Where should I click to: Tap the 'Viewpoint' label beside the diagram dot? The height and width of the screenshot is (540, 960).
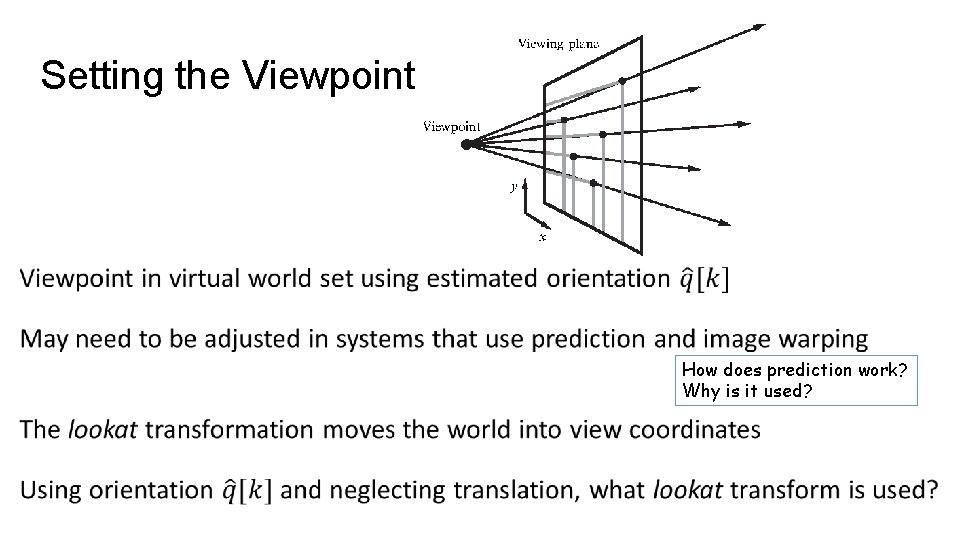pyautogui.click(x=452, y=126)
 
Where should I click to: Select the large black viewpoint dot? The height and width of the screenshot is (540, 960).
pyautogui.click(x=467, y=144)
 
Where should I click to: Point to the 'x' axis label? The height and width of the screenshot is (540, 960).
pyautogui.click(x=543, y=237)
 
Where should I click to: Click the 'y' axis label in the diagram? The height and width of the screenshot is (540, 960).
pyautogui.click(x=513, y=186)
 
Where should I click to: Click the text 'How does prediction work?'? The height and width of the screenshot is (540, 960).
pyautogui.click(x=795, y=370)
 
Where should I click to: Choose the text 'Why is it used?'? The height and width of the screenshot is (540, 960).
pyautogui.click(x=747, y=390)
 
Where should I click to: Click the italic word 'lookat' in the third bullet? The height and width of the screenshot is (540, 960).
pyautogui.click(x=103, y=430)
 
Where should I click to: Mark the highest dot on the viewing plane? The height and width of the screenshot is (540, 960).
pyautogui.click(x=622, y=80)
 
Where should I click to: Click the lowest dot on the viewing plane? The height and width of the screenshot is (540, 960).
pyautogui.click(x=594, y=183)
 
